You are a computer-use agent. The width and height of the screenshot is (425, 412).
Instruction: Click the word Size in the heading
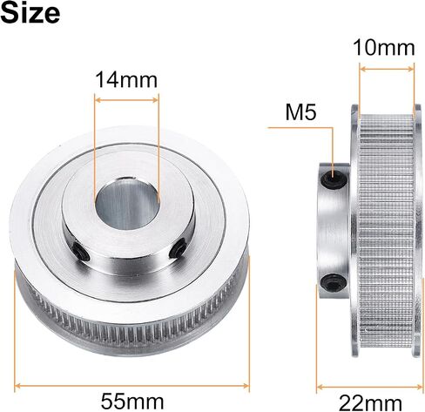tap(30, 13)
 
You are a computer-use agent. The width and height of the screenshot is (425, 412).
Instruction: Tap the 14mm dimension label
tap(126, 80)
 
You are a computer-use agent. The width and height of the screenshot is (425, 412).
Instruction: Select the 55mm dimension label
tap(132, 402)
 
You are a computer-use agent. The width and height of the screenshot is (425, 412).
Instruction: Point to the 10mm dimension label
tap(384, 48)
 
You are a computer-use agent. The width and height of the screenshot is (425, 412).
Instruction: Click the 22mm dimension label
tap(370, 403)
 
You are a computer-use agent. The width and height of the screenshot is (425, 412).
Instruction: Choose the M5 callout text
tap(300, 112)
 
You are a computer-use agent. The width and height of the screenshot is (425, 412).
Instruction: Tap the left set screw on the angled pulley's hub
tap(81, 251)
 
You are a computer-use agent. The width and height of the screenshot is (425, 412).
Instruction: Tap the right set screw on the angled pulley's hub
tap(179, 247)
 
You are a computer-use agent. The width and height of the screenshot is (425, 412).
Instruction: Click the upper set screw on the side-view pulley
tap(334, 179)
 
